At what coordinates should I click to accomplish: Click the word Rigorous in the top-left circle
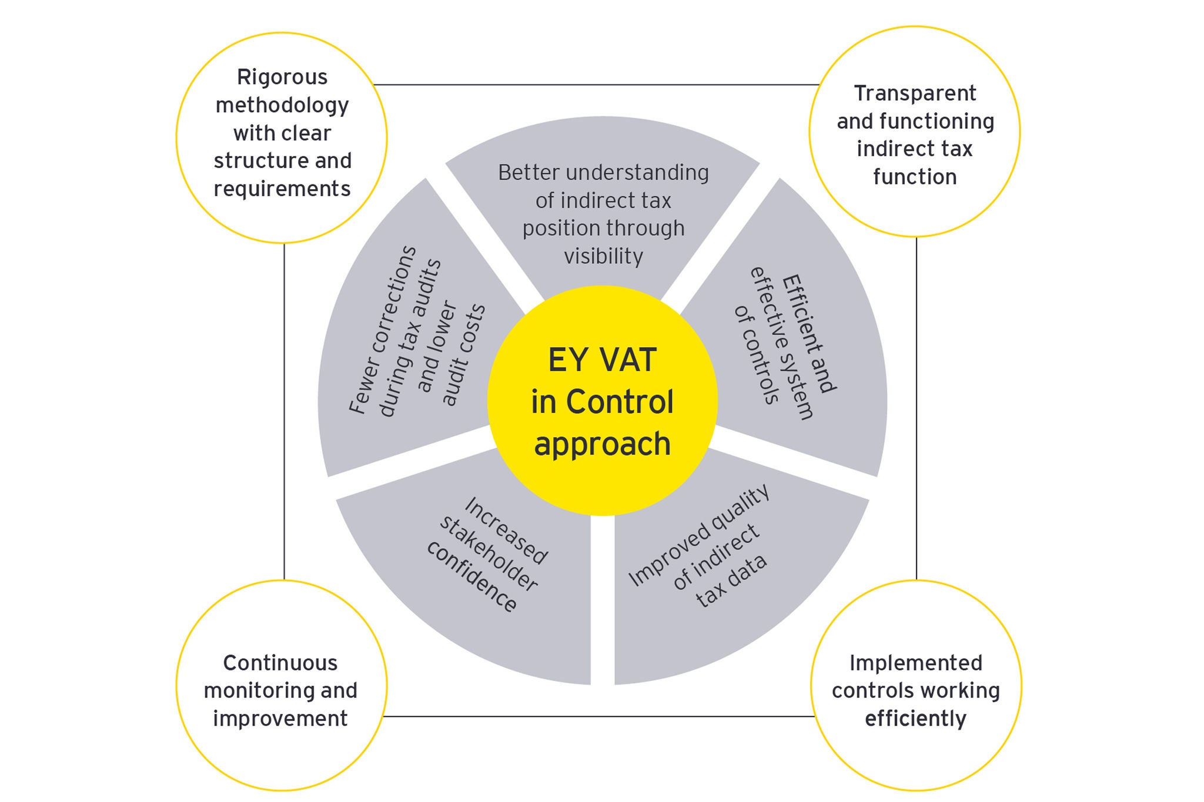coord(282,78)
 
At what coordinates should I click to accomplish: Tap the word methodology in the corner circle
coord(282,106)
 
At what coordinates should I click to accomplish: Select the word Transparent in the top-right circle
coord(915,93)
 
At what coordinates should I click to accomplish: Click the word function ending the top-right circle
coord(915,177)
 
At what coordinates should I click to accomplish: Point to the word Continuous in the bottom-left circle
coord(280,663)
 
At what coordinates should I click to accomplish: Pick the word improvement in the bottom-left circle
coord(280,719)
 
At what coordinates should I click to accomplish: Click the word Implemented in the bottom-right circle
coord(916,663)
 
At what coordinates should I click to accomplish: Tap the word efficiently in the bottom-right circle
coord(916,719)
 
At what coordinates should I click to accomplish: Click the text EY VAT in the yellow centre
coord(602,360)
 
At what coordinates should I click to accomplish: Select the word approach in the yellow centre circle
coord(602,444)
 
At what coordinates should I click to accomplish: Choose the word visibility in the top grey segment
coord(603,257)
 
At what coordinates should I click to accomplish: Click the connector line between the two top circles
coord(597,85)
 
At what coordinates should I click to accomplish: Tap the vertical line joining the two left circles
coord(285,411)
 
